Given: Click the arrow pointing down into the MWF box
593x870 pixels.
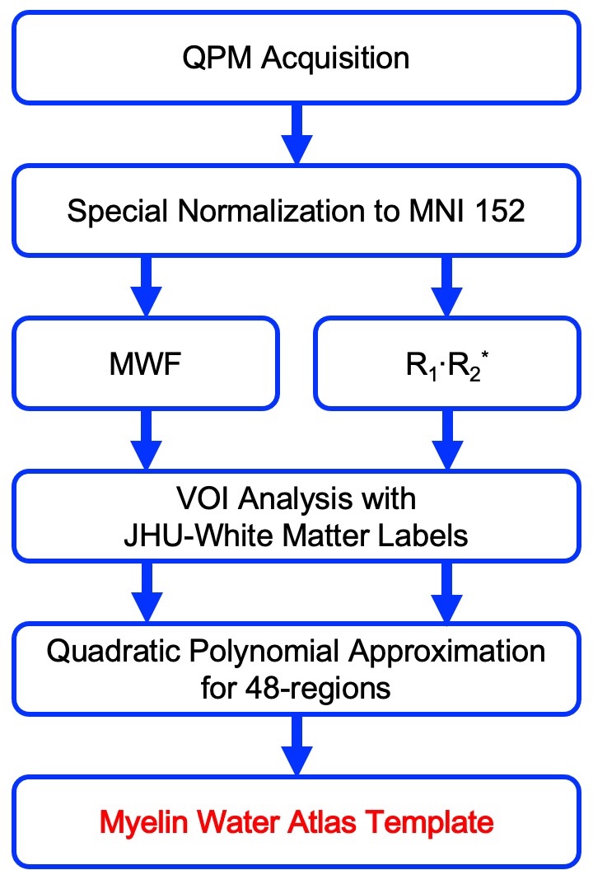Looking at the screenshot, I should pyautogui.click(x=147, y=287).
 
